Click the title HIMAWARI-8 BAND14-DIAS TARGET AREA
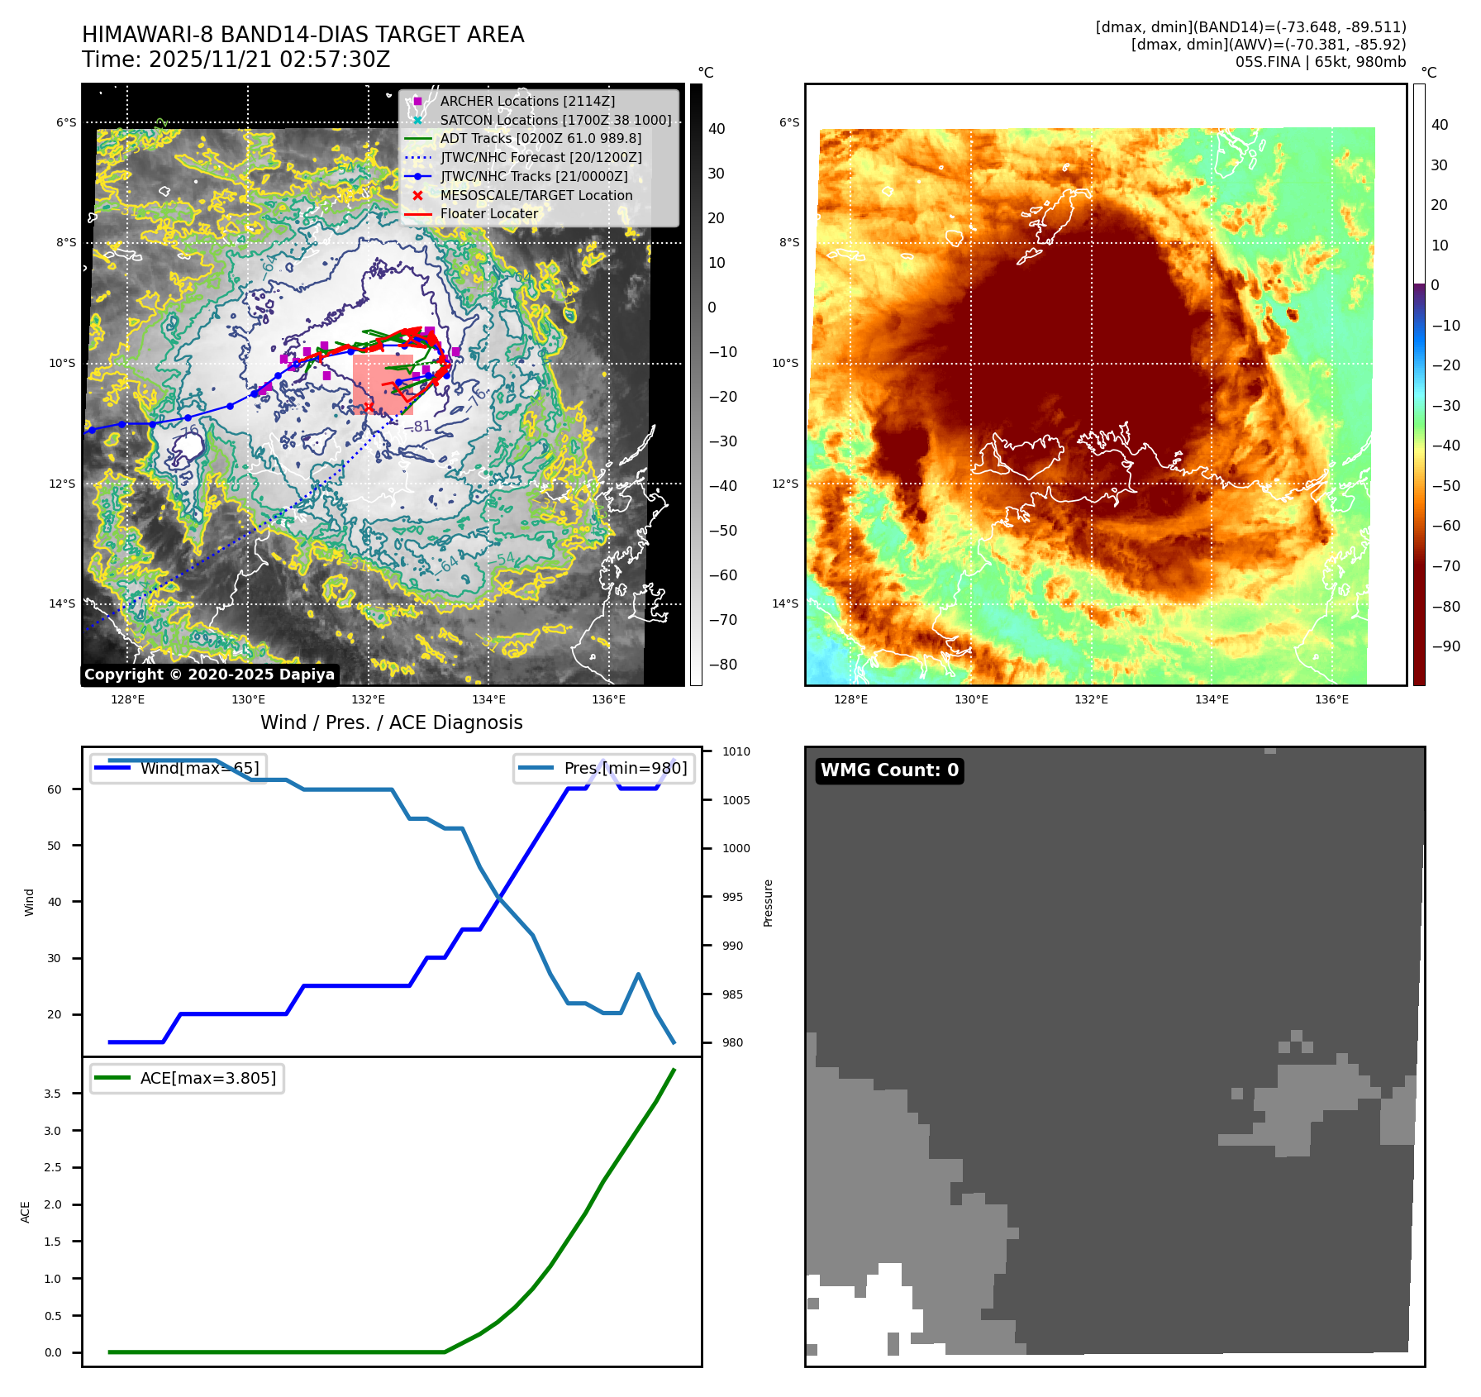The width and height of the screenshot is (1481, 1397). point(302,35)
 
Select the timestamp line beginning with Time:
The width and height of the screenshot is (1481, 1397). point(236,60)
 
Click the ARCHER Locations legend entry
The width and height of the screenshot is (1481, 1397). point(526,101)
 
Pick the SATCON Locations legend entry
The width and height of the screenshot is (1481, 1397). point(555,120)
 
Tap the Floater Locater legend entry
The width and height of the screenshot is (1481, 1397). point(488,213)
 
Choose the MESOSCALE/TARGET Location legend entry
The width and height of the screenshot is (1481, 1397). point(536,195)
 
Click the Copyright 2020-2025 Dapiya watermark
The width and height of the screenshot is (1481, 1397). point(209,675)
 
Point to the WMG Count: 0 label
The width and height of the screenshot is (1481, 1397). point(888,770)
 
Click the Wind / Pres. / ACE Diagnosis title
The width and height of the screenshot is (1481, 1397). point(391,722)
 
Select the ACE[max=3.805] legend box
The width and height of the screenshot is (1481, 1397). point(188,1078)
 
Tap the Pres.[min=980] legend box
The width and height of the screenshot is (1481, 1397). point(604,768)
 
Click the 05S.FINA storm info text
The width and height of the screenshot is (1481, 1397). point(1320,62)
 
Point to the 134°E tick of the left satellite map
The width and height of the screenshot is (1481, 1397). point(488,699)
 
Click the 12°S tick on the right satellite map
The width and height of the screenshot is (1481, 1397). point(785,484)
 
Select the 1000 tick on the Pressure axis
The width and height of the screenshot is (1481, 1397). point(736,848)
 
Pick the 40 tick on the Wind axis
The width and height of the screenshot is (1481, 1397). point(55,902)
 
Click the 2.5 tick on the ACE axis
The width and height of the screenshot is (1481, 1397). point(53,1167)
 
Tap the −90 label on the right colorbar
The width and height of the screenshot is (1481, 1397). point(1445,646)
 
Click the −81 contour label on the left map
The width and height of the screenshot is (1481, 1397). point(421,427)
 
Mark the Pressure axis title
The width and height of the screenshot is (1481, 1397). point(768,903)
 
